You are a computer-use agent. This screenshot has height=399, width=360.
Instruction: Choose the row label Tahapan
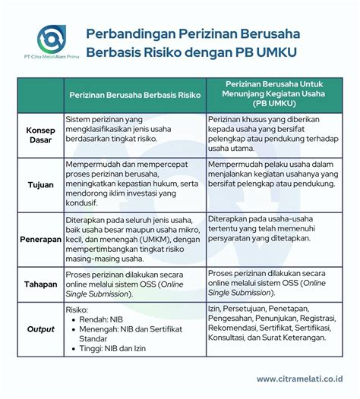pos(34,284)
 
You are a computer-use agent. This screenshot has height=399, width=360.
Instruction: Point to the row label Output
pos(34,329)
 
